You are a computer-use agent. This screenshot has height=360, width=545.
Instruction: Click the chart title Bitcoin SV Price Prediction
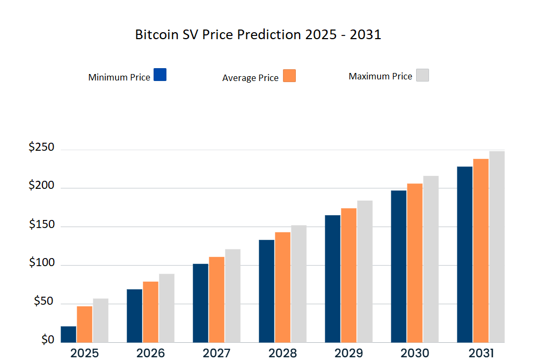point(258,35)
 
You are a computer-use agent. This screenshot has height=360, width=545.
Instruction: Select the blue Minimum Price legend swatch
point(160,75)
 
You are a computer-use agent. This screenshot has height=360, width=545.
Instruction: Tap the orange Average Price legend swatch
point(289,76)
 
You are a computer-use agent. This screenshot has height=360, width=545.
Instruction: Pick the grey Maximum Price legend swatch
point(423,75)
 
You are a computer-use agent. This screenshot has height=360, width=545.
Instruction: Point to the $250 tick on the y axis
point(41,147)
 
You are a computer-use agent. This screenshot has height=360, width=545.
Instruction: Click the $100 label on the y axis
point(41,262)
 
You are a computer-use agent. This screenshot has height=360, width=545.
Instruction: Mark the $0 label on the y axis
point(48,340)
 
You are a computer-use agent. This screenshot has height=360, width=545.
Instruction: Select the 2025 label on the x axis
point(84,353)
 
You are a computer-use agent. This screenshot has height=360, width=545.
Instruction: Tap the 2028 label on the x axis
point(283,353)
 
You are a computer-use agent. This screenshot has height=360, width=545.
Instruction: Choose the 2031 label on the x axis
point(481,353)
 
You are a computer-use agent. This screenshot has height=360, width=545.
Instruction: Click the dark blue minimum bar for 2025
point(68,334)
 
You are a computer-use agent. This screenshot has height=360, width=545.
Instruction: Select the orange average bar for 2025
point(84,324)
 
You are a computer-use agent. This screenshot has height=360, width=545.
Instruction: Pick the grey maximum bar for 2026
point(166,308)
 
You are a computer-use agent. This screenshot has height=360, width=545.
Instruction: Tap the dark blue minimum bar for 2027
point(200,303)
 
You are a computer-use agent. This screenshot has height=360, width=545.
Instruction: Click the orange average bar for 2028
point(282,287)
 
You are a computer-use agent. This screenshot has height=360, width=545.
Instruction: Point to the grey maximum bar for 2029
point(365,271)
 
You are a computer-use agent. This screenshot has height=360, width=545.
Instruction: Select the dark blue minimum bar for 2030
point(398,266)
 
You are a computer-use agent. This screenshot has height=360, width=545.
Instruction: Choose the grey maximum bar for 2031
point(497,247)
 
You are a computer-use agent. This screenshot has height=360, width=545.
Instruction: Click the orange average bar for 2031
point(481,250)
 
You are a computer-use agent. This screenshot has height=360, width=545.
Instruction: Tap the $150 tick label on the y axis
point(41,224)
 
